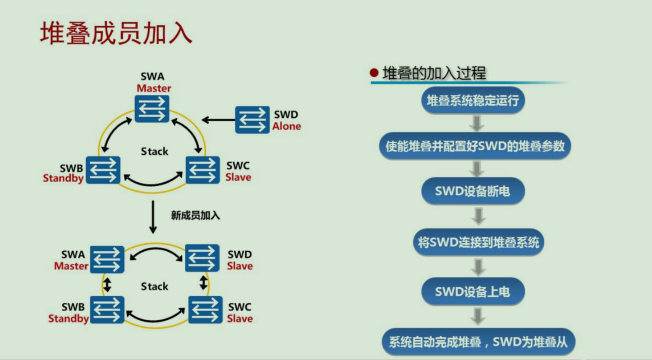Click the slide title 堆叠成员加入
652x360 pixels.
[x=116, y=33]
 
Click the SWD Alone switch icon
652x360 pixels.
[x=253, y=120]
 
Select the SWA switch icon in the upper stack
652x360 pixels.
[x=152, y=108]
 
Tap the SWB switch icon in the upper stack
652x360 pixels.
[x=103, y=170]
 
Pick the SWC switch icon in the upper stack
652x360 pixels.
[x=202, y=170]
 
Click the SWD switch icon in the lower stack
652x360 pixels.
[x=202, y=258]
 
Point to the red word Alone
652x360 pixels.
[x=286, y=126]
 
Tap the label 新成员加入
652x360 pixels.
[x=195, y=216]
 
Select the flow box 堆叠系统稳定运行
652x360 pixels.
[x=473, y=101]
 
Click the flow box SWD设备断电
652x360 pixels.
[x=473, y=191]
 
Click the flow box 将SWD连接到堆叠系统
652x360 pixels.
[x=478, y=243]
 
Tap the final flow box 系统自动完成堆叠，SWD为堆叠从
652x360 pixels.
[x=478, y=342]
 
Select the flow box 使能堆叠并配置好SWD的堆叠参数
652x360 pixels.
[x=475, y=146]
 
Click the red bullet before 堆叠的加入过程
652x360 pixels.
[x=374, y=73]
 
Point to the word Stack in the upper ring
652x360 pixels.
[x=154, y=152]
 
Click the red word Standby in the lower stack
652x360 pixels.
[x=69, y=318]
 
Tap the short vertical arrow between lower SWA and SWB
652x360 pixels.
[x=107, y=285]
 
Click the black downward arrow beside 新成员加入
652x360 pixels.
[x=153, y=217]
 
